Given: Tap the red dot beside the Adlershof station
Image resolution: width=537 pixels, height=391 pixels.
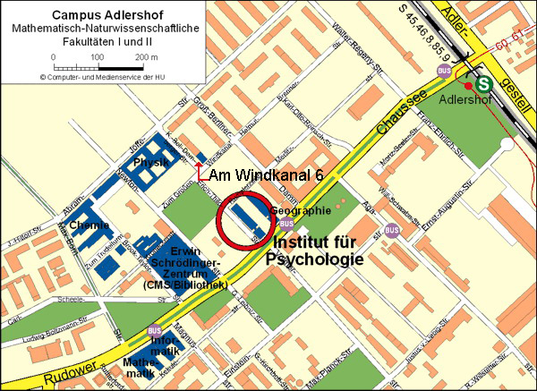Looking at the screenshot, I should point(467,85).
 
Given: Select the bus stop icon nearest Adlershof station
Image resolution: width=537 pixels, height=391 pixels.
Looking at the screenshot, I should point(442,71).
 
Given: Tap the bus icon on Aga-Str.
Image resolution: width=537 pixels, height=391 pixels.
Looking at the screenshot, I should point(391,231).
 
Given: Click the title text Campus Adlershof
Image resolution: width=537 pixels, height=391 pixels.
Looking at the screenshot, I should point(97,14).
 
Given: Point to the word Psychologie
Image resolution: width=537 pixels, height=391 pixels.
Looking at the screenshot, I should point(313,260).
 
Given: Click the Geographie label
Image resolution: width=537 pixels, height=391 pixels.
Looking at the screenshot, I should point(307,210).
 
